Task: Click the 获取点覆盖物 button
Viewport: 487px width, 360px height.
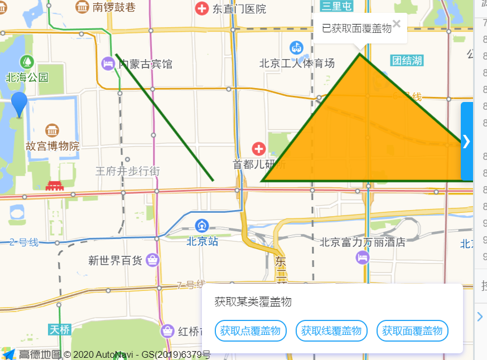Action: [250, 331]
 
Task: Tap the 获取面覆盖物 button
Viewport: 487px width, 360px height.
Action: [412, 331]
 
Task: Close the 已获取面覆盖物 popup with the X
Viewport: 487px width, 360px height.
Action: [397, 23]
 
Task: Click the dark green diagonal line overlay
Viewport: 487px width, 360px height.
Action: [165, 117]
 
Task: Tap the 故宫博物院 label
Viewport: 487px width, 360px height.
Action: [52, 146]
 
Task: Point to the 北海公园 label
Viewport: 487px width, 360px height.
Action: [27, 77]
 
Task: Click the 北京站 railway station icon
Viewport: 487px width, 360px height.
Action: [201, 226]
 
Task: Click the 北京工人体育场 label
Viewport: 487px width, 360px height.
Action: [297, 63]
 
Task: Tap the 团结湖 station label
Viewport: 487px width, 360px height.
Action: [407, 61]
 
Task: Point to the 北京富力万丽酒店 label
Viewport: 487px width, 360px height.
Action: [362, 242]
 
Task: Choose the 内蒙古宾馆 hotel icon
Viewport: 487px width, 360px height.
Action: [108, 64]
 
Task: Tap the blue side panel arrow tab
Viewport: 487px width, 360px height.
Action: [467, 142]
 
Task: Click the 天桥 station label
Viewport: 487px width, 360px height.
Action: [60, 329]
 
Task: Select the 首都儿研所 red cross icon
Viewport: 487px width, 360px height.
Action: [258, 149]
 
